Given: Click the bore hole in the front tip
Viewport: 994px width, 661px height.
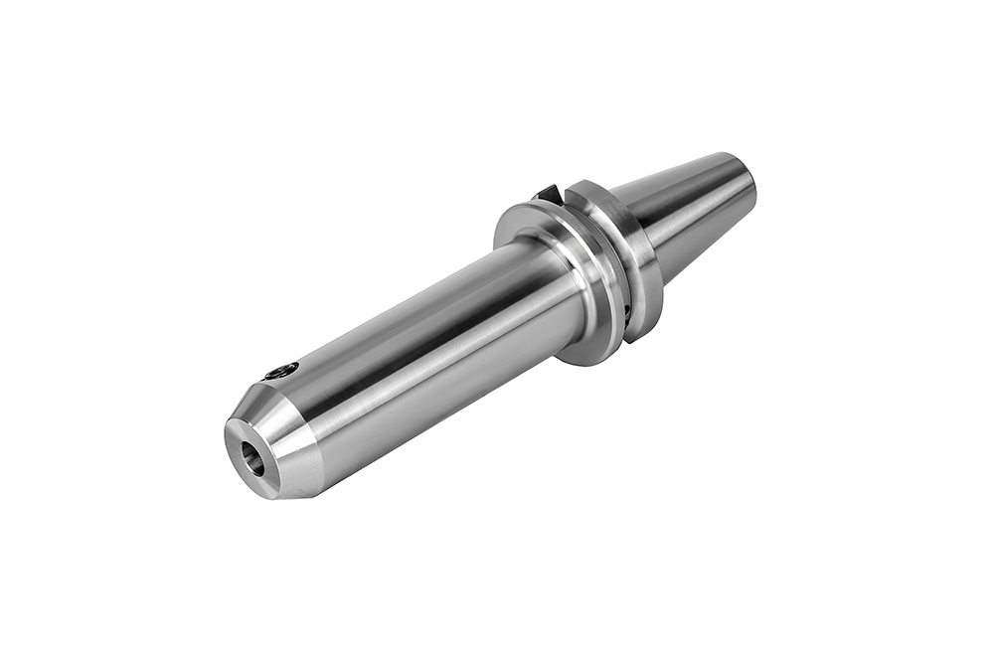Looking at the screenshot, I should point(254,460).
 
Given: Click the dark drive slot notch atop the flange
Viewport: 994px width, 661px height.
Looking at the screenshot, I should point(546,193).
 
